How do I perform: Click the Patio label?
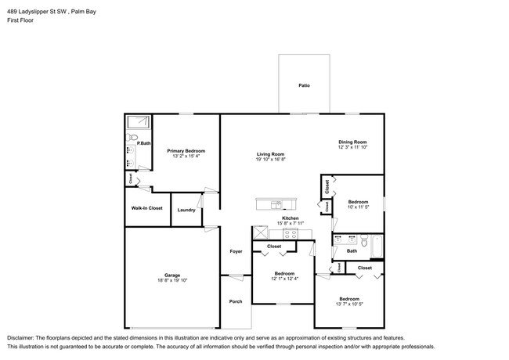(x=303, y=85)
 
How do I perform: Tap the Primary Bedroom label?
(x=186, y=150)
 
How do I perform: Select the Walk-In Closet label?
(x=146, y=208)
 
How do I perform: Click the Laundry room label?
(x=186, y=210)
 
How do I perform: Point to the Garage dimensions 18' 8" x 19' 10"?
(x=172, y=279)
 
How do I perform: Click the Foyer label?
(x=235, y=251)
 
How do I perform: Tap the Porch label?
(x=235, y=301)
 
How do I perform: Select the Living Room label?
(x=270, y=154)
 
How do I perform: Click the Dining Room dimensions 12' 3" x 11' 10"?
(x=352, y=147)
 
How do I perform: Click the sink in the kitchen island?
(x=276, y=205)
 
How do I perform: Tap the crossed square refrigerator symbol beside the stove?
(x=258, y=233)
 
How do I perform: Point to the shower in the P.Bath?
(x=138, y=121)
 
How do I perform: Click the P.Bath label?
(x=143, y=143)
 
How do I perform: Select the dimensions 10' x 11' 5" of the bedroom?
(x=358, y=207)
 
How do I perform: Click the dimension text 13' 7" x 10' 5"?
(x=348, y=304)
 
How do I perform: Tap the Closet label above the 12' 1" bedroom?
(x=274, y=247)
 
